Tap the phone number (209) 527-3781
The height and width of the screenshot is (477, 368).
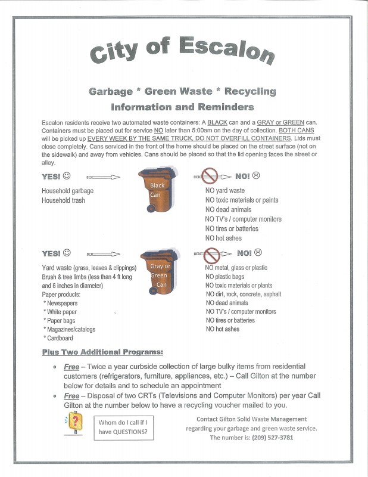pyautogui.click(x=269, y=438)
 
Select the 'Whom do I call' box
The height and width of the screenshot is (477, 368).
pyautogui.click(x=124, y=428)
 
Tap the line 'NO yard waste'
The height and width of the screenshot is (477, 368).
pyautogui.click(x=224, y=191)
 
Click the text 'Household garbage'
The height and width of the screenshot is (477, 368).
pyautogui.click(x=67, y=191)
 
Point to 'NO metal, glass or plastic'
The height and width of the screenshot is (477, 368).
pyautogui.click(x=236, y=268)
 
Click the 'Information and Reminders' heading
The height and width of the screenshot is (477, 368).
pyautogui.click(x=182, y=107)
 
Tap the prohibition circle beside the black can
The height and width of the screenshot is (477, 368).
pyautogui.click(x=211, y=176)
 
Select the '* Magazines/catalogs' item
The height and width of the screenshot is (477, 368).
pyautogui.click(x=69, y=329)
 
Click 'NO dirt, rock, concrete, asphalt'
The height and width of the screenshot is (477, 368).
pyautogui.click(x=243, y=294)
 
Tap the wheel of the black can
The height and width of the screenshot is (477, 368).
pyautogui.click(x=151, y=209)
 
